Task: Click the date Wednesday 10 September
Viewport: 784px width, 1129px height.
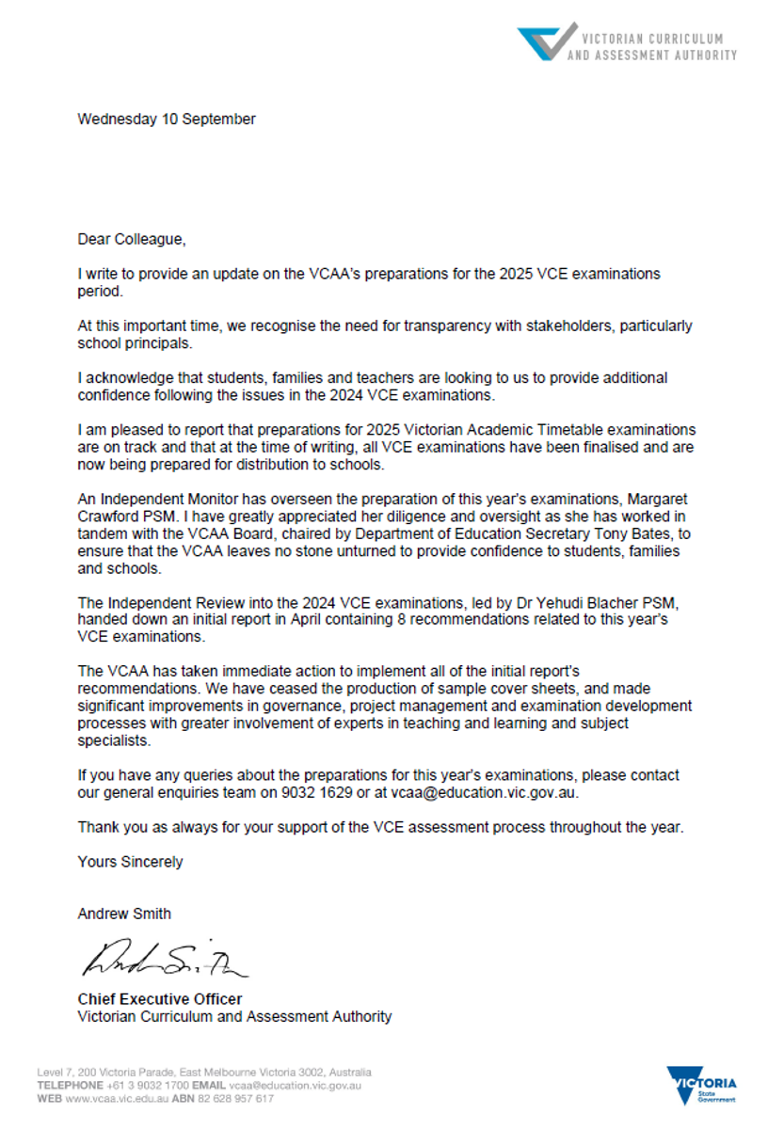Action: pyautogui.click(x=167, y=119)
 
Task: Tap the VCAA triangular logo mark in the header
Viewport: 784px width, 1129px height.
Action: pyautogui.click(x=546, y=42)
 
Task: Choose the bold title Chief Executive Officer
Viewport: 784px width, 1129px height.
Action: pyautogui.click(x=159, y=999)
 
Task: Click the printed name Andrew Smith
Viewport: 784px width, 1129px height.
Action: pyautogui.click(x=124, y=914)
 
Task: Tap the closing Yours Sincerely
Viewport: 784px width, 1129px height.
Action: pyautogui.click(x=130, y=862)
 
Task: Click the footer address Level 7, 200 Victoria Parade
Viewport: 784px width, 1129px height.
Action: pyautogui.click(x=113, y=1072)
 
